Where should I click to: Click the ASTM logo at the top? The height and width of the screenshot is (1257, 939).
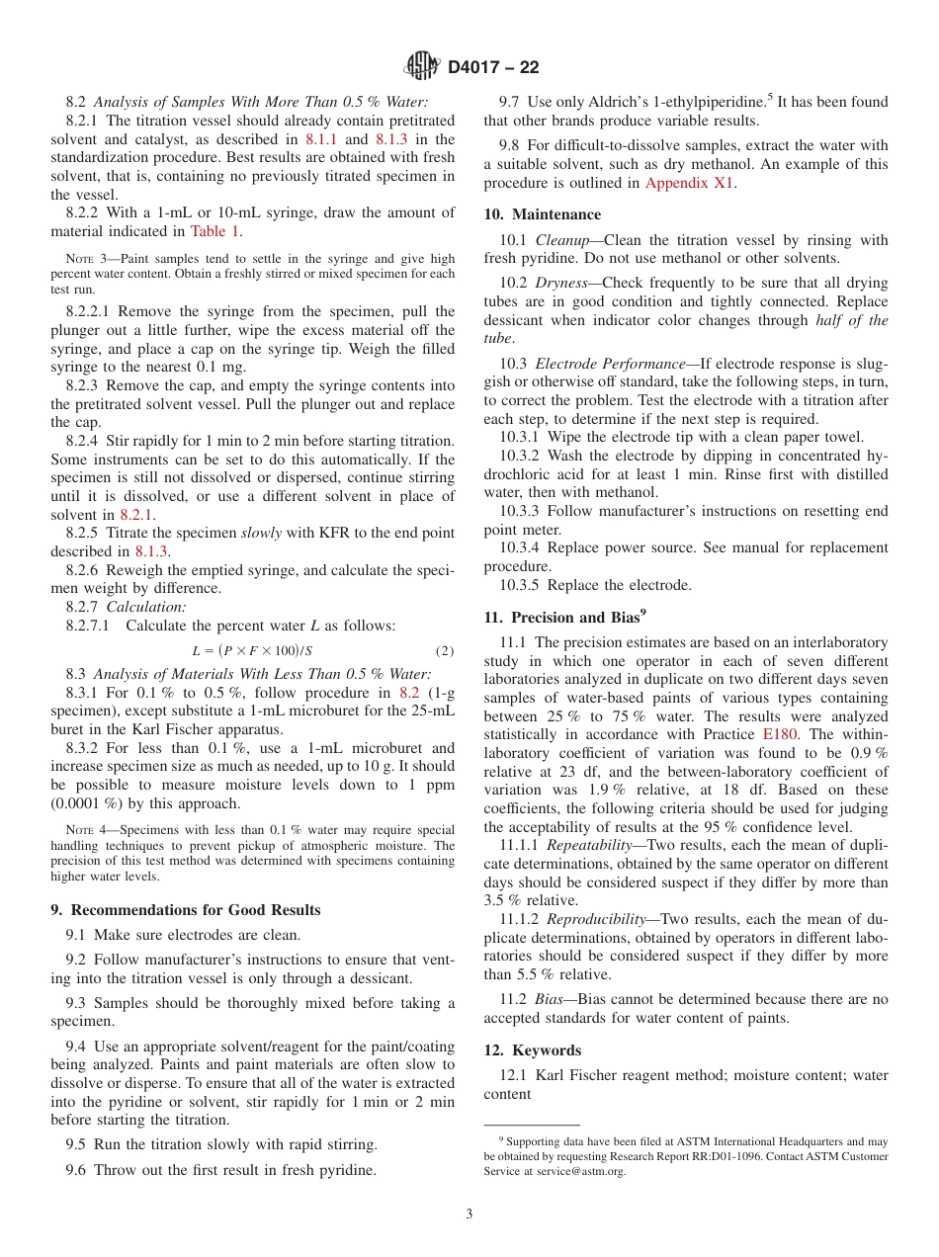[422, 67]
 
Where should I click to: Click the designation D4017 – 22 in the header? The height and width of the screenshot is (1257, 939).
[493, 68]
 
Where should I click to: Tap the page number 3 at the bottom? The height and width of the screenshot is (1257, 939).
[469, 1214]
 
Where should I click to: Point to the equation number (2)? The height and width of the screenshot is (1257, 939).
[445, 650]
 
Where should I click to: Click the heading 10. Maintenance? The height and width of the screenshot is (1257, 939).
[542, 214]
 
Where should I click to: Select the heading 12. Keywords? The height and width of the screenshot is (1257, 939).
[532, 1049]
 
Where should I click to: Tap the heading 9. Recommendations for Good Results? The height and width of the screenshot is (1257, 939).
[186, 909]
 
